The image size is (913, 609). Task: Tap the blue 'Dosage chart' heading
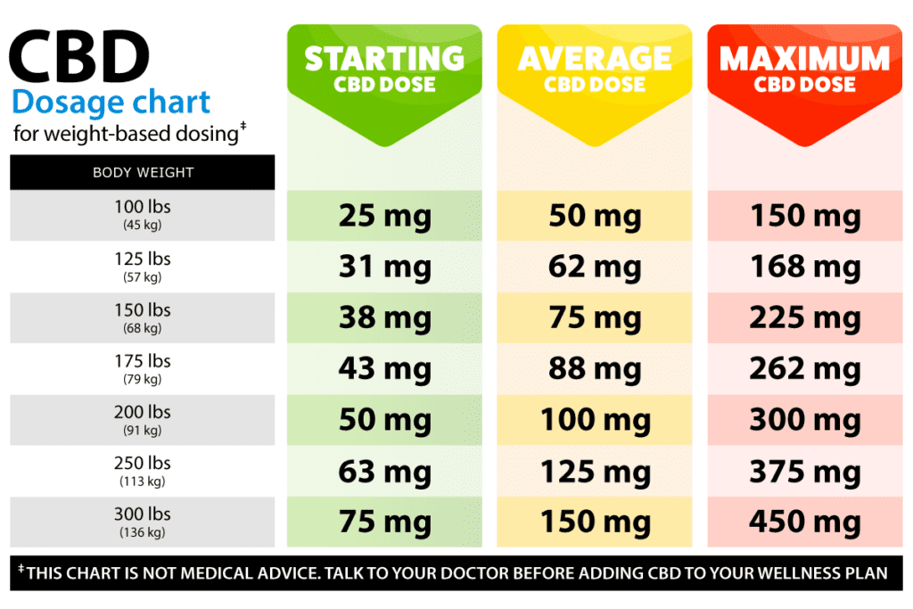(111, 102)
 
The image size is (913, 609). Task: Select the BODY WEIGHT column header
(143, 172)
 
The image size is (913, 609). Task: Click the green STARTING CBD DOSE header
(384, 70)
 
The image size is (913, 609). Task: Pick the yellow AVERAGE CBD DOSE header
(595, 70)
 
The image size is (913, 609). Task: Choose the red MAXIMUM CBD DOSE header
(804, 70)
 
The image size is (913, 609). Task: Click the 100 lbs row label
(143, 207)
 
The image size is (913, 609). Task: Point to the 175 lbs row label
(143, 361)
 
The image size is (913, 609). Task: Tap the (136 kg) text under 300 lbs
(143, 533)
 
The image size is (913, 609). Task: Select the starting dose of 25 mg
(384, 216)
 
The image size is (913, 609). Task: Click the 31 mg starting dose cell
(384, 267)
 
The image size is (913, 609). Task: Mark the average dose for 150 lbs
(595, 318)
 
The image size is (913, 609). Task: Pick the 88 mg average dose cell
(595, 369)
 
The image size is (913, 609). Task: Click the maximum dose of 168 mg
(804, 267)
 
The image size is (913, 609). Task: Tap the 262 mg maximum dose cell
(804, 369)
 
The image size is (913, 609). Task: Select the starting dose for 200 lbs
(384, 420)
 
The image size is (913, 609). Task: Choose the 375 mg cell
(804, 472)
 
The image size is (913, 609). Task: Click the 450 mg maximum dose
(804, 523)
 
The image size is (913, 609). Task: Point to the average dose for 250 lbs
(595, 472)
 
